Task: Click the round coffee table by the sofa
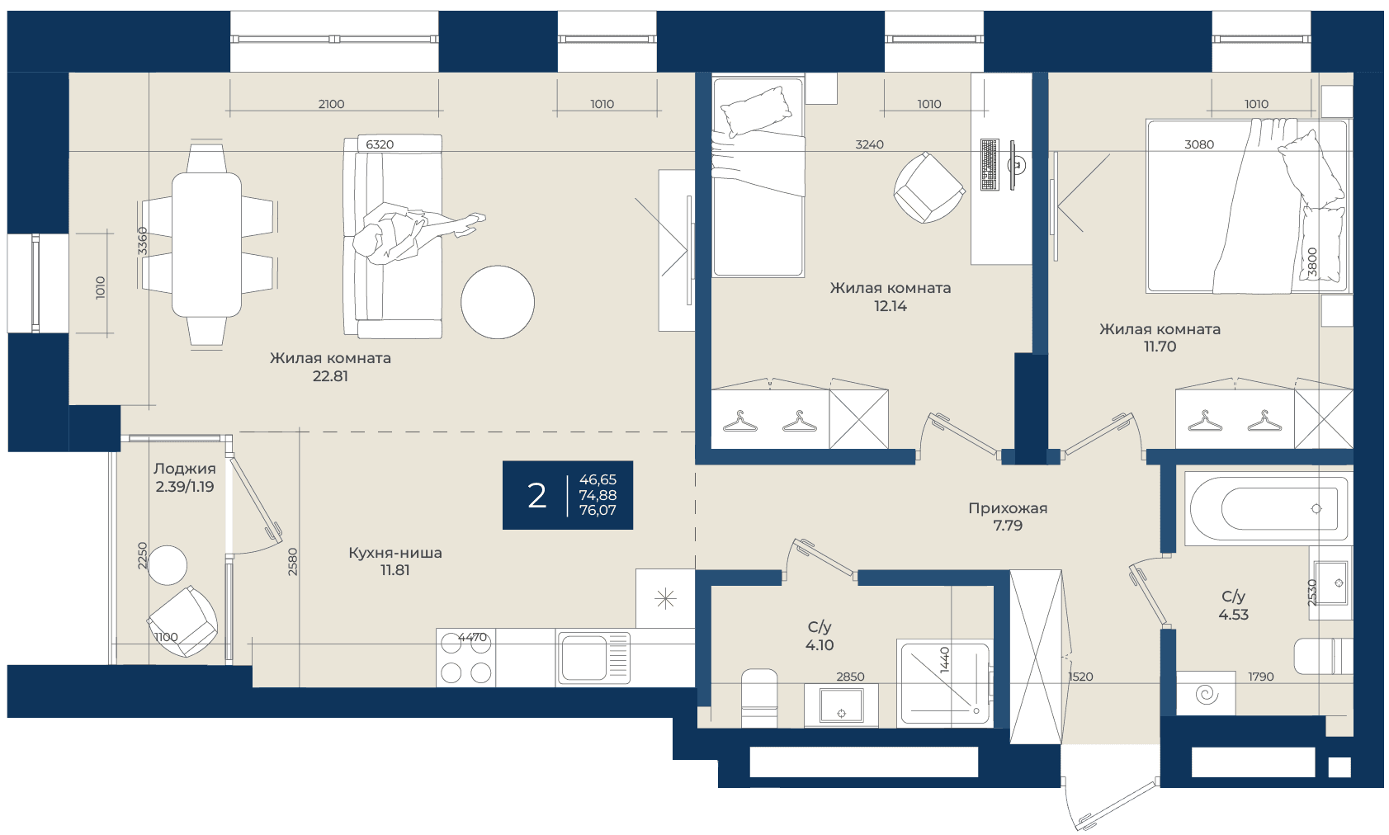point(498,302)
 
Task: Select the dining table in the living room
point(206,245)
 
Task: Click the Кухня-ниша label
point(395,552)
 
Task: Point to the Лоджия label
point(185,469)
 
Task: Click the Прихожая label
point(1008,508)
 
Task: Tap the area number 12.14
point(891,305)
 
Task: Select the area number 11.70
point(1160,347)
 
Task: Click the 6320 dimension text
point(380,144)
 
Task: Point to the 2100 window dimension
point(331,104)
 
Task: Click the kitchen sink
point(593,658)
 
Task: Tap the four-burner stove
point(465,658)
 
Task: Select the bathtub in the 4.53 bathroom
point(1268,509)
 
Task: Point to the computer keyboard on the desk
point(990,164)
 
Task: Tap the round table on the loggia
point(168,565)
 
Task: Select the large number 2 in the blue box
point(537,496)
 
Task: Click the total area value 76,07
point(598,510)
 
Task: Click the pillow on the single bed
point(755,111)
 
